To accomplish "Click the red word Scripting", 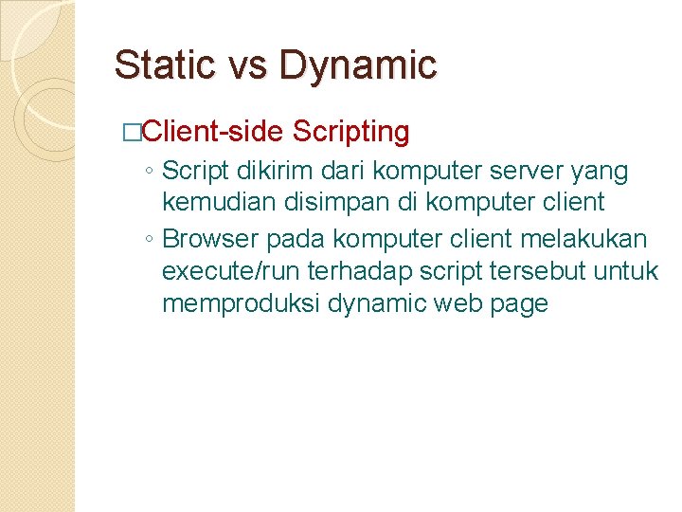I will (351, 132).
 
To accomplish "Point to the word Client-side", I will (213, 132).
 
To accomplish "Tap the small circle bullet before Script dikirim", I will (151, 173).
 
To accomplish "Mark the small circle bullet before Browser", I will (151, 239).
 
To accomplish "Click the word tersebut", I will (544, 271).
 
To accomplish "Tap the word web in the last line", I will (454, 304).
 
